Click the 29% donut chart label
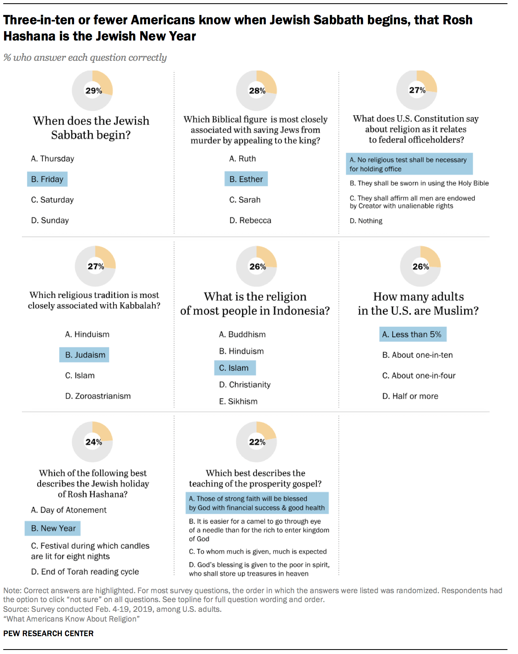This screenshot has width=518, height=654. pos(94,91)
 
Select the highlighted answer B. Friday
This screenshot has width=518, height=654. pos(47,179)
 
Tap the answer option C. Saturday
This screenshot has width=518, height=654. pos(52,200)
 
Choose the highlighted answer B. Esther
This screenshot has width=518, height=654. pos(246,179)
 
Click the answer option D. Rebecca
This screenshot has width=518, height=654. pos(250,220)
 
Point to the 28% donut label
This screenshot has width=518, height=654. pos(257,91)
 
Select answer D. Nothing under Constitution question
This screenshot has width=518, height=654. pos(366,221)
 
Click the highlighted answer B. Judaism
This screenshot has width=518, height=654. pos(84,355)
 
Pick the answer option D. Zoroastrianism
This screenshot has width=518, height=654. pos(98,396)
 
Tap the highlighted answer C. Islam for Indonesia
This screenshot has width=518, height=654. pos(235,368)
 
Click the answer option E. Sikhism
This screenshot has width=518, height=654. pos(238,402)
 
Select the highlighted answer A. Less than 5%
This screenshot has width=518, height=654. pos(413,334)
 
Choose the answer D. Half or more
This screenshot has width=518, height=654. pos(410,396)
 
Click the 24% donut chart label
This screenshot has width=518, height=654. pos(94,442)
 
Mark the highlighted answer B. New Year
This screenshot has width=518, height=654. pos(53,528)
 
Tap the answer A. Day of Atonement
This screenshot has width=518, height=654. pos(68,510)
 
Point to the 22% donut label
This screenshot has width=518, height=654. pos(257,442)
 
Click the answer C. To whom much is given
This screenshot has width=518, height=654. pos(258,552)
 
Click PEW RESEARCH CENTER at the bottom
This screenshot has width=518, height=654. pos(48,633)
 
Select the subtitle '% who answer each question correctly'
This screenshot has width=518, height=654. pos(85,58)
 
